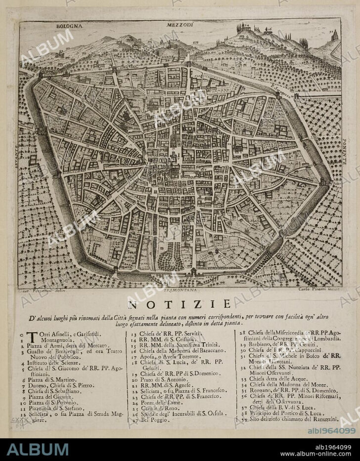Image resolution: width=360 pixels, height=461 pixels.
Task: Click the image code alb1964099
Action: [x=332, y=431]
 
